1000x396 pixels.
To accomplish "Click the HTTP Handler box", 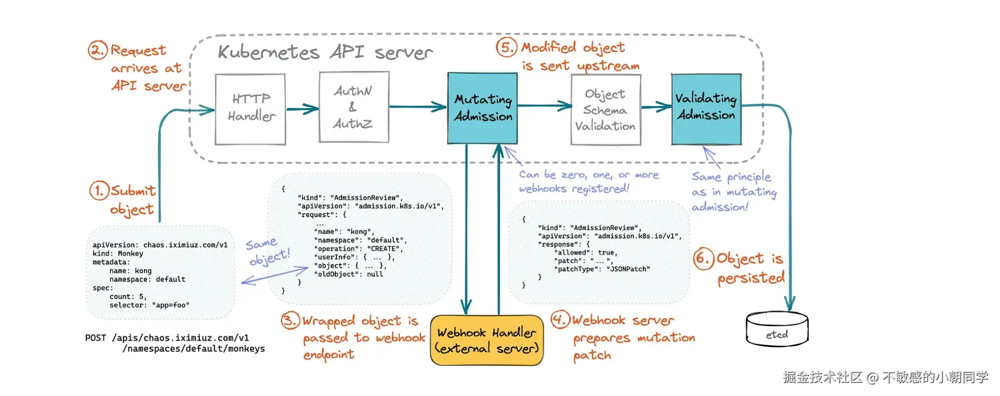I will pos(250,109).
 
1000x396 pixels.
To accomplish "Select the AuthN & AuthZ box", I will pos(354,107).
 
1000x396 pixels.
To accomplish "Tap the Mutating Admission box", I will pos(482,108).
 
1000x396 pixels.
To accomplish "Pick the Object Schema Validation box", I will pos(606,110).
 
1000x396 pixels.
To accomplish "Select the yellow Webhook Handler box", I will pos(487,341).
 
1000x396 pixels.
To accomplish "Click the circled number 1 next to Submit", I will pos(99,191).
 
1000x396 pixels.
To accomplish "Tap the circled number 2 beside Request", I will pos(98,50).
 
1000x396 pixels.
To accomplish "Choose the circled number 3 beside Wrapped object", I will pos(291,320).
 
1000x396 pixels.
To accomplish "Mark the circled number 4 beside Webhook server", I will pos(560,319).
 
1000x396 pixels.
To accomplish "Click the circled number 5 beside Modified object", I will pos(506,47).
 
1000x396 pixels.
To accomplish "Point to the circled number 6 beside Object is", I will pos(703,259).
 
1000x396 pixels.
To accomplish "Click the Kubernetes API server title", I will pos(325,52).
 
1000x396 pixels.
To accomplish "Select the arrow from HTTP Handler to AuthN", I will pos(302,109).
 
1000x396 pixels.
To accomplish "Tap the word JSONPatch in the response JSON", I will pos(630,269).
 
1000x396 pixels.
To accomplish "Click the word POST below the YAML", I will pos(95,338).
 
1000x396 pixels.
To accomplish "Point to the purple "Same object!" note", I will pos(268,251).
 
